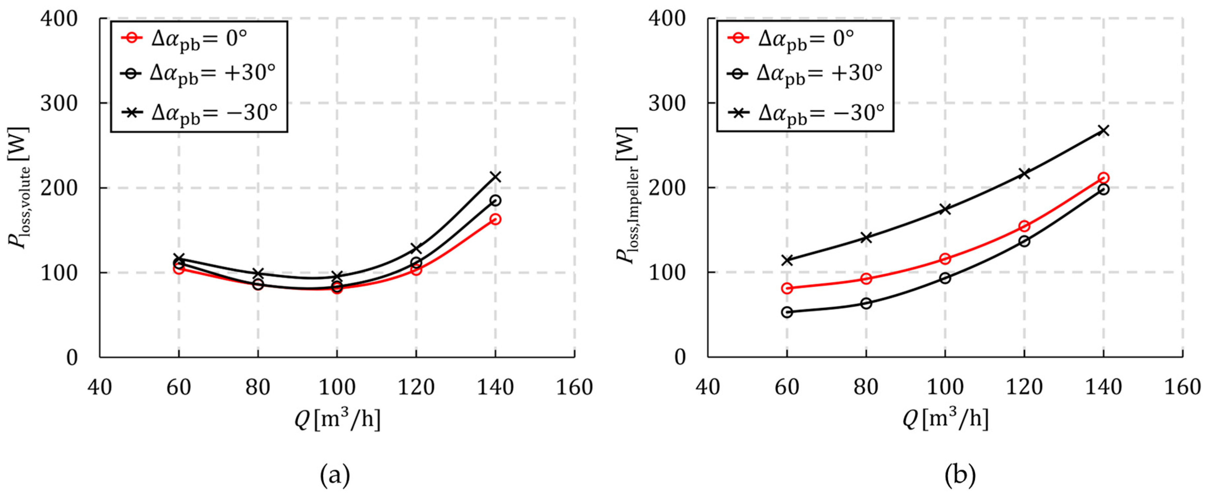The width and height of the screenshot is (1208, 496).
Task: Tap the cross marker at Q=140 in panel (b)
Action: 1104,131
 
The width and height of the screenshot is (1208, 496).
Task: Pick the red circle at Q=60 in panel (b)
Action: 787,288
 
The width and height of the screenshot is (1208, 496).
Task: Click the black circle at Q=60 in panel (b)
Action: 787,312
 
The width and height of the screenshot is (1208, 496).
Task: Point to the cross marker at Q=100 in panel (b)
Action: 945,209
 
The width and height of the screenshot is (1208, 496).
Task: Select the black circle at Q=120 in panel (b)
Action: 1024,241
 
